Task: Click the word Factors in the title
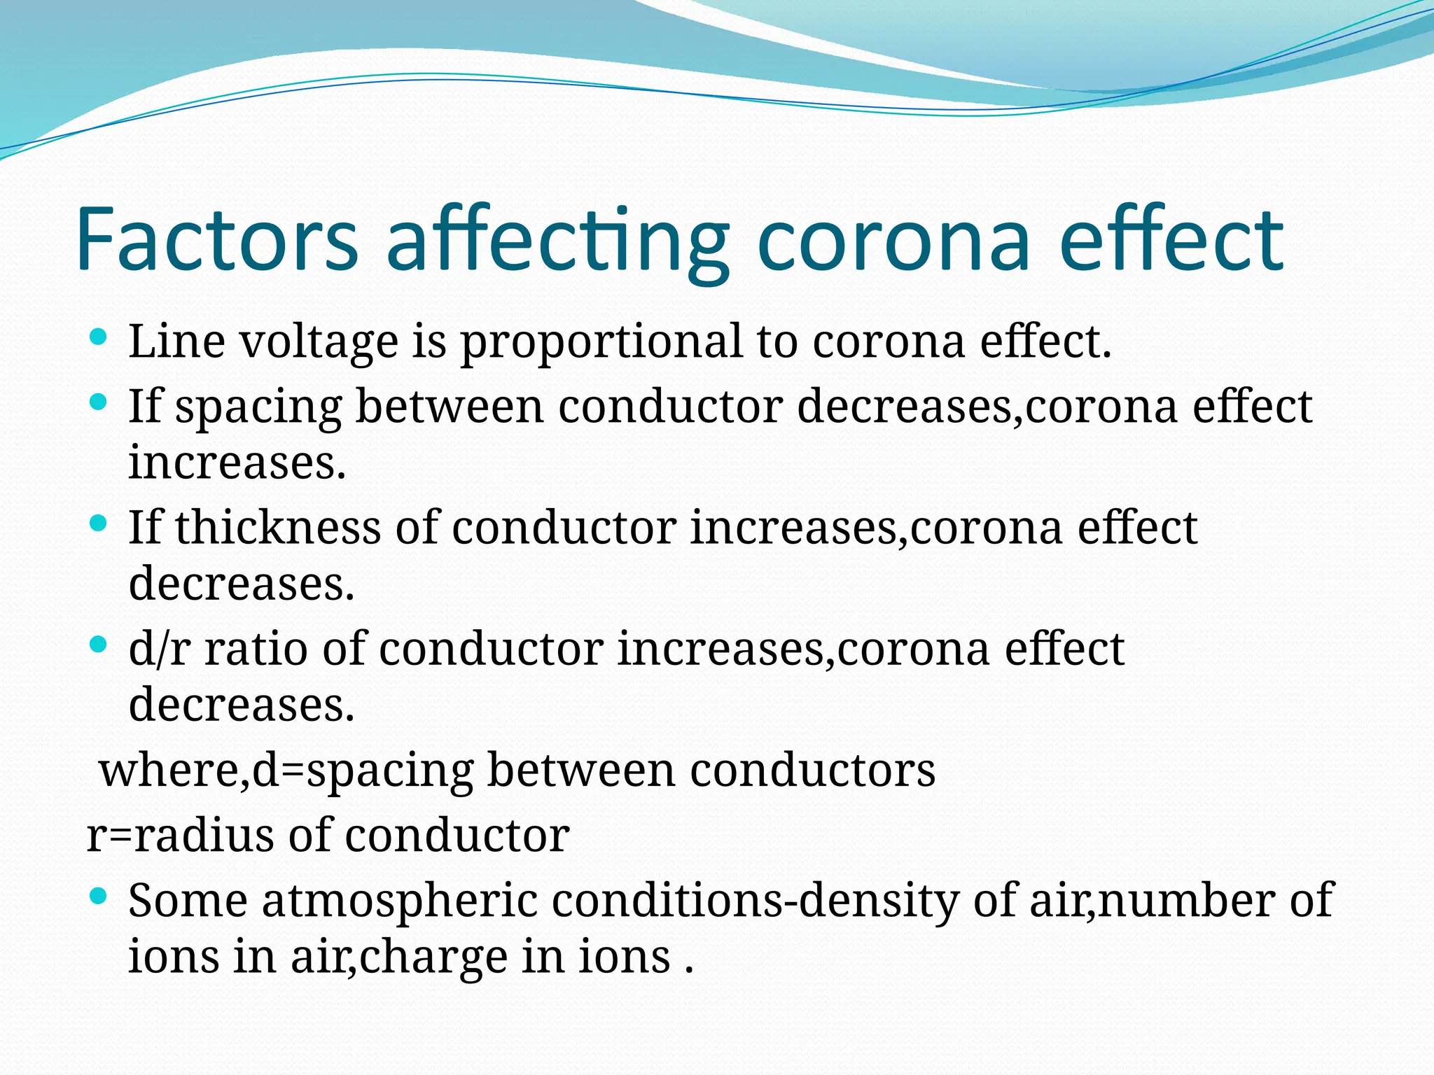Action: coord(217,239)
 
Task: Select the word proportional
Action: coord(601,342)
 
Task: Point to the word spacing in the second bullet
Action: coord(258,407)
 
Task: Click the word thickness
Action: coord(278,527)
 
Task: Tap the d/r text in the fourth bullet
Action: coord(160,648)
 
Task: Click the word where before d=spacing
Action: coord(169,771)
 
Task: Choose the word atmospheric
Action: coord(400,900)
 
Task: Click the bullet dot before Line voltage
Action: coord(99,337)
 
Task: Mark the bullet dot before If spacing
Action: coord(99,402)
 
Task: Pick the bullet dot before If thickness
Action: coord(99,522)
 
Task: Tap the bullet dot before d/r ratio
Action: coord(99,643)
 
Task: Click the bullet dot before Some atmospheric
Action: coord(99,895)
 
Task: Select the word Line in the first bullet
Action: coord(176,342)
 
